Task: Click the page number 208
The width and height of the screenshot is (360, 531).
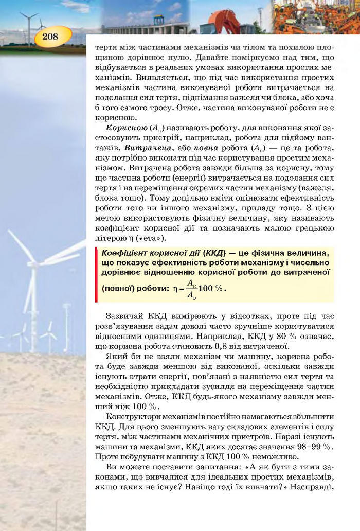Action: tap(50, 37)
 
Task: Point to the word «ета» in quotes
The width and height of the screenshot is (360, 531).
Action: tap(157, 238)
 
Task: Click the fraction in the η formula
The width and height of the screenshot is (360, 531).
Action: tap(190, 289)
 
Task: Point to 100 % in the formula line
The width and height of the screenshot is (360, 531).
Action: tap(212, 288)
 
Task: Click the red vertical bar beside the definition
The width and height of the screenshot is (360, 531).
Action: tap(96, 274)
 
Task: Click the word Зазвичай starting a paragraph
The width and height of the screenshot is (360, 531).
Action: tap(124, 315)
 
